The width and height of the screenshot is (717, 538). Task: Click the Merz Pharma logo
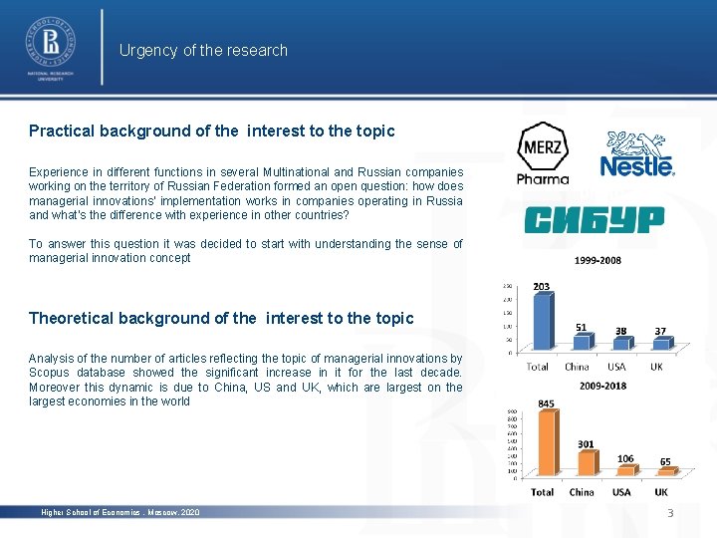tap(543, 152)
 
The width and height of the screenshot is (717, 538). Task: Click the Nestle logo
tap(636, 154)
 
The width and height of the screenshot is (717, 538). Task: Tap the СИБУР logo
tap(594, 220)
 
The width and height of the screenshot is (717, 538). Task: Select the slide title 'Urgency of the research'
tap(203, 50)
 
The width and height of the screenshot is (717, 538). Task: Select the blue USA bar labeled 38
tap(621, 344)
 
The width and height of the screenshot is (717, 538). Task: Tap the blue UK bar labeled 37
tap(660, 344)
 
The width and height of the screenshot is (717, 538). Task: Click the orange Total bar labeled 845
tap(546, 444)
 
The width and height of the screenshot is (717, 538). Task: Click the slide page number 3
tap(670, 512)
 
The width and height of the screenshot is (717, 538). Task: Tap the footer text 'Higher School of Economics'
tap(119, 512)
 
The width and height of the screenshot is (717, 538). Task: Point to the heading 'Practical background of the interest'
tap(211, 131)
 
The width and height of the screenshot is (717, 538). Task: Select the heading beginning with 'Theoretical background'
tap(220, 318)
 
